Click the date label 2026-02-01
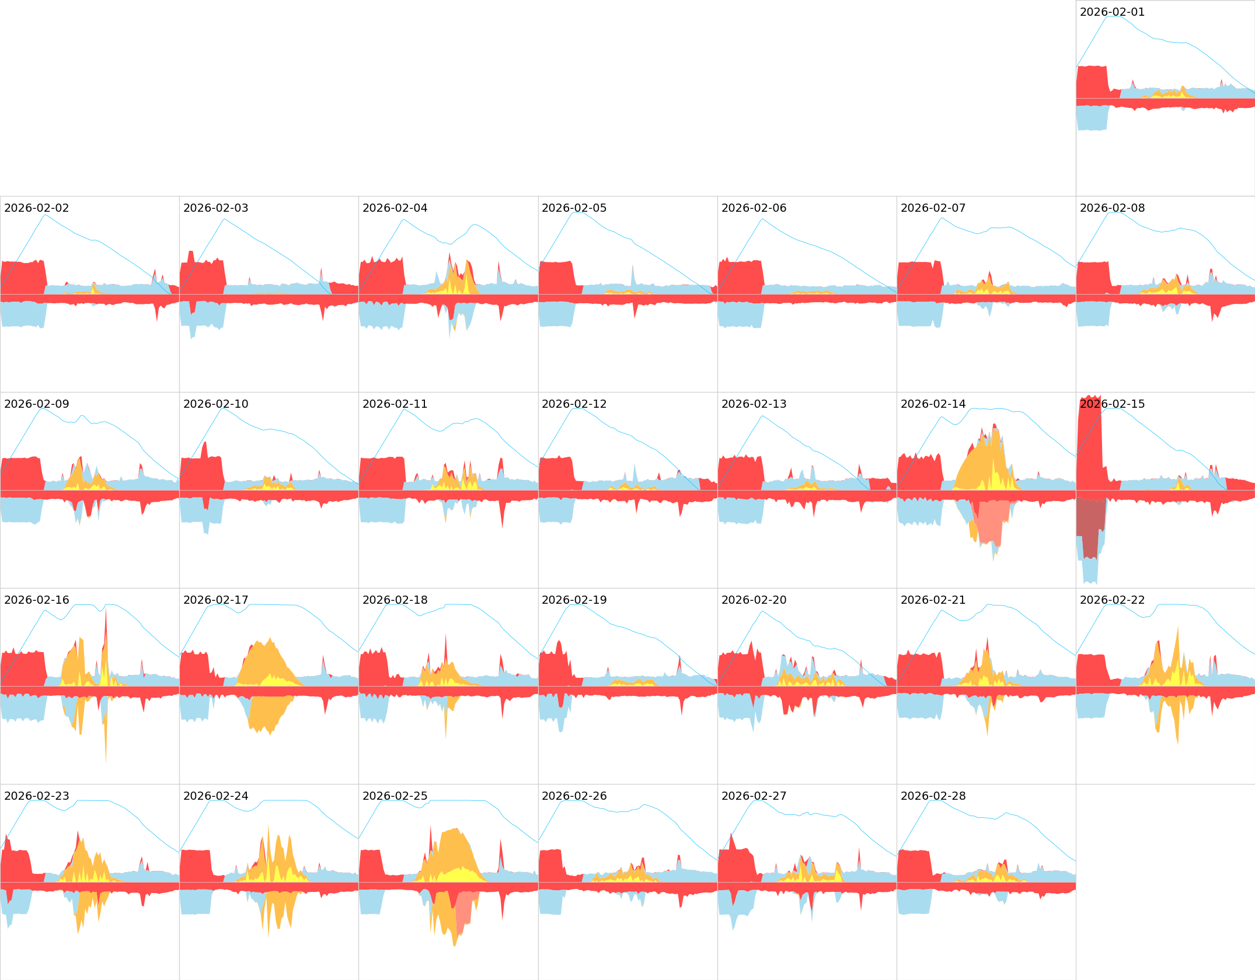click(x=1112, y=12)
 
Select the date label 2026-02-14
click(x=933, y=404)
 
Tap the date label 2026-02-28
click(x=933, y=796)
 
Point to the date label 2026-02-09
click(x=36, y=404)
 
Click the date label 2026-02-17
click(x=215, y=600)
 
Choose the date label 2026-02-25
click(x=395, y=796)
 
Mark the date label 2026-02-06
click(x=754, y=208)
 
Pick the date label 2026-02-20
click(x=754, y=600)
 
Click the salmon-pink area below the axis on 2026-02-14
click(x=991, y=522)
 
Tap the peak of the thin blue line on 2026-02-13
click(x=762, y=416)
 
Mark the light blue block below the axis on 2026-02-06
click(x=740, y=315)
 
